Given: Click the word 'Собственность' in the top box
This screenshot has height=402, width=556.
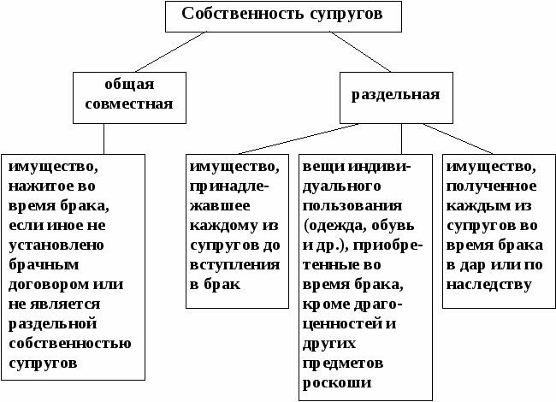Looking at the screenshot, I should point(235,15).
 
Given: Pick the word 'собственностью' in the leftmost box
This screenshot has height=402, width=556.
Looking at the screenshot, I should point(68,344).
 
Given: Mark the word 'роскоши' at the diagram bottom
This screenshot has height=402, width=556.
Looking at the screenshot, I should point(333,383).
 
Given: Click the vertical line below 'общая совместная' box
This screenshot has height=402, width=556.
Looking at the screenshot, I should point(104,137).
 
